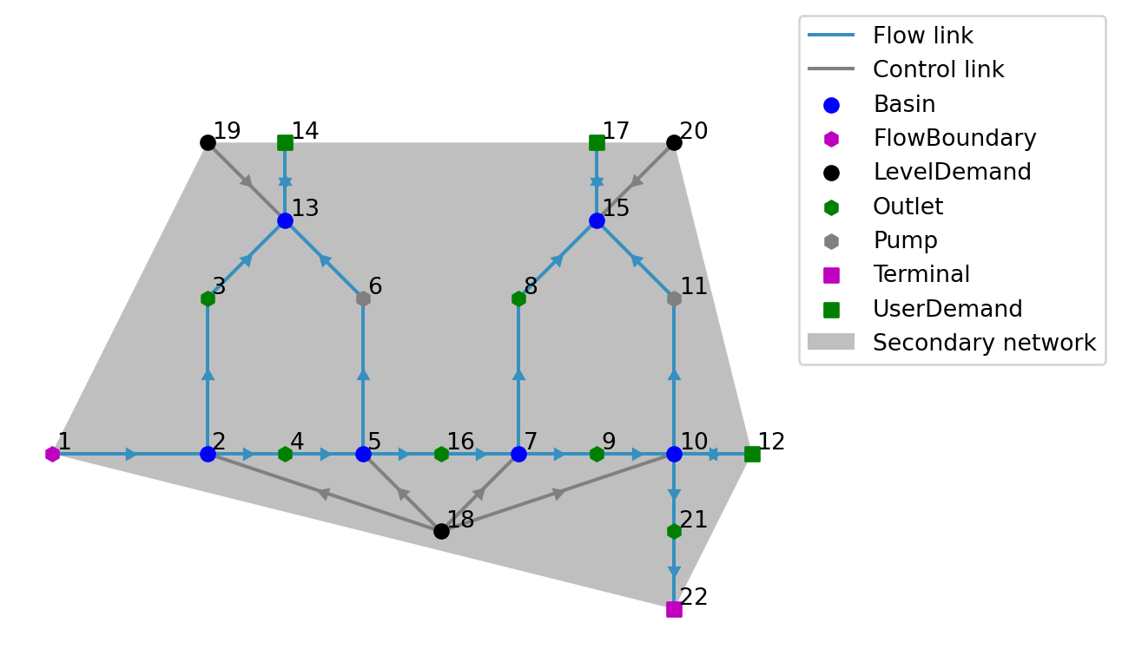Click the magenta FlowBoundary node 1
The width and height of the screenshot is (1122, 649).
(53, 454)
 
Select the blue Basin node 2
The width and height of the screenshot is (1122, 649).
(208, 454)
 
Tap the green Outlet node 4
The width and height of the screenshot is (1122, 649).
(285, 454)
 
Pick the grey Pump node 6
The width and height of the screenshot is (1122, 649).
(363, 298)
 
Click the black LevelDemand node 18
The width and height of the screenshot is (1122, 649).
(441, 531)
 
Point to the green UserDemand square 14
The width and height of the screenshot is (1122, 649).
(285, 142)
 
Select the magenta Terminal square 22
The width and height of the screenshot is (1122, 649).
(674, 609)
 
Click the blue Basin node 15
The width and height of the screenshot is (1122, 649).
(597, 220)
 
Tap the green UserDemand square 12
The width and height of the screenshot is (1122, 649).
(752, 454)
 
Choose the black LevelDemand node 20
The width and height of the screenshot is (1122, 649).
(674, 142)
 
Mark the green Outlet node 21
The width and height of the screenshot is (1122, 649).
(674, 531)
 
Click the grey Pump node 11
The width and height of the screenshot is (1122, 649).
(674, 298)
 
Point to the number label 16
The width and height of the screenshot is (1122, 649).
(460, 442)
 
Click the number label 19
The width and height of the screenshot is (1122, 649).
(227, 131)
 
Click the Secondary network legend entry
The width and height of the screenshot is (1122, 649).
(984, 343)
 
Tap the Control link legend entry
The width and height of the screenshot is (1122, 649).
(938, 70)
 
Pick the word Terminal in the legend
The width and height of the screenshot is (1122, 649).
(921, 275)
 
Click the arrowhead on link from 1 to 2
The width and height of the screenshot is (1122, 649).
(131, 454)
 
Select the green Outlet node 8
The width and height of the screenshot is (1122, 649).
(518, 298)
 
